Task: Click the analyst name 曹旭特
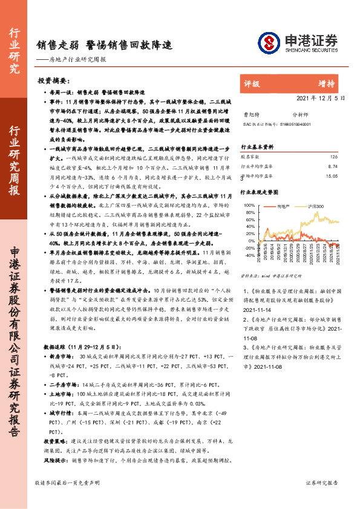(250, 113)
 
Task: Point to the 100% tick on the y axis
(249, 206)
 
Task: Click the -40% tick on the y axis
(249, 255)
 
